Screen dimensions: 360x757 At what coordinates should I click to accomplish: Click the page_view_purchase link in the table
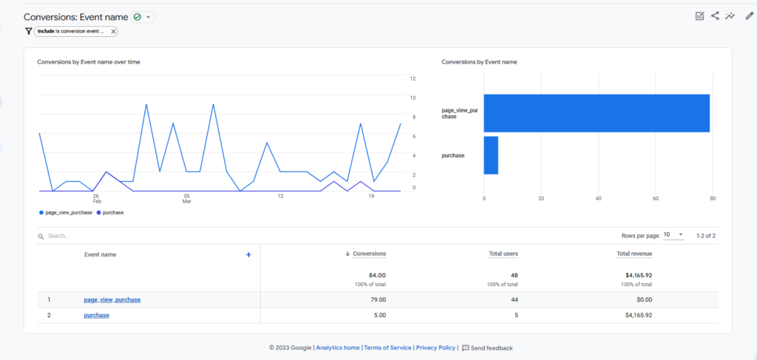[x=112, y=299]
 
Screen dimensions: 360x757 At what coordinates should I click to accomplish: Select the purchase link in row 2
[x=97, y=315]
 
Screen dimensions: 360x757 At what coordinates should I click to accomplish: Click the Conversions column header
[x=370, y=254]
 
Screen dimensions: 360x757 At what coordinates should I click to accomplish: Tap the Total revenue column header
[x=634, y=254]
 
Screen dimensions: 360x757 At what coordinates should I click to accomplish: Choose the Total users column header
[x=503, y=254]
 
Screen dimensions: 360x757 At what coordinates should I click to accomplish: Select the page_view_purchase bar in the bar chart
[x=596, y=113]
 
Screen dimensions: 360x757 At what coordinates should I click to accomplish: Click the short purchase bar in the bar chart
[x=491, y=155]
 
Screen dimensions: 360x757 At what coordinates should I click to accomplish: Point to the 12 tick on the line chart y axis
[x=413, y=78]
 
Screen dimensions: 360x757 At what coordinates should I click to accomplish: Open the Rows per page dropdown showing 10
[x=673, y=235]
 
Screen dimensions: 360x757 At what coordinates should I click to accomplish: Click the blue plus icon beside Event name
[x=248, y=254]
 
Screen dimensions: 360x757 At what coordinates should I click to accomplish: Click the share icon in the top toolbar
[x=715, y=16]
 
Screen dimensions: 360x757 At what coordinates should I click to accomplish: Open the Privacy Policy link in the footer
[x=435, y=347]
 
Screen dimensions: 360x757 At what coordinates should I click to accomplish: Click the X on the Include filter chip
[x=113, y=31]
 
